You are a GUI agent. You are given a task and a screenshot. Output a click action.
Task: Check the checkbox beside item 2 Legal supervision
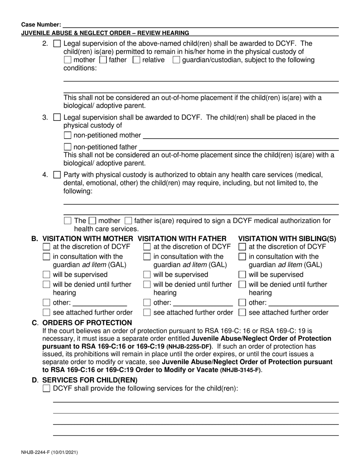[57, 44]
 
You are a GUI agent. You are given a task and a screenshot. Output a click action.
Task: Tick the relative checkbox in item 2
[136, 60]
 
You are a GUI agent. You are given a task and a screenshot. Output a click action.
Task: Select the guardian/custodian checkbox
[176, 60]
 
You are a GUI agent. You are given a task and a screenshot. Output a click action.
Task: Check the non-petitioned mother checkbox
[67, 135]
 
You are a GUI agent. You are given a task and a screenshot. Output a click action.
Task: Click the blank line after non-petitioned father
[239, 147]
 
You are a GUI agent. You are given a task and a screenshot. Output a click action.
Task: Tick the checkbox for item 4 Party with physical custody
[57, 175]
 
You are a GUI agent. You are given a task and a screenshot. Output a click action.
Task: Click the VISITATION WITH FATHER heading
[182, 238]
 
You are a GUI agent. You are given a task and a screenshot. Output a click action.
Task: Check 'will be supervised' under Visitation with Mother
[47, 275]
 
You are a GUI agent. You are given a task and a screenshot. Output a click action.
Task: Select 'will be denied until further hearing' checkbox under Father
[147, 285]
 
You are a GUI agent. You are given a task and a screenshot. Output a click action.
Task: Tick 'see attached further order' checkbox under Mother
[47, 313]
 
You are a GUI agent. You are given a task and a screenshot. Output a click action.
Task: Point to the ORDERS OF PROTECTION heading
[87, 323]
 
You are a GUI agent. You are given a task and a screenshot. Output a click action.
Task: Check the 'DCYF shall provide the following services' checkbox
[47, 388]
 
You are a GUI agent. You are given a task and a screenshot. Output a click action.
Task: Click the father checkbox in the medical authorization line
[128, 220]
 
